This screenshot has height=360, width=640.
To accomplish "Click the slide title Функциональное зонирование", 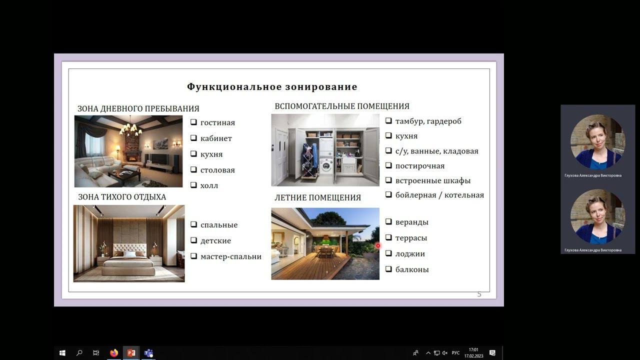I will [272, 87].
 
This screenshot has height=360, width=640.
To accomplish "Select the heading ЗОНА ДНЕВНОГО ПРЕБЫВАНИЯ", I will [138, 108].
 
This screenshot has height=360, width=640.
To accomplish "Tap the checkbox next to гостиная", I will [193, 122].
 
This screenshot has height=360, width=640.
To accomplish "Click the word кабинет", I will [216, 138].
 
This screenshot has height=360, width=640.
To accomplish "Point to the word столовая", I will [217, 170].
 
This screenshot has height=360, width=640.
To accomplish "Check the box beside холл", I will [193, 185].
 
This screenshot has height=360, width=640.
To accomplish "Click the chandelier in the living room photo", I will [130, 128].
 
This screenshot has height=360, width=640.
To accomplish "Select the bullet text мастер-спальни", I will [231, 256].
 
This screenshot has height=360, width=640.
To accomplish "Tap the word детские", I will [215, 240].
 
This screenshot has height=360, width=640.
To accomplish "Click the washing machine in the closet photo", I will [326, 165].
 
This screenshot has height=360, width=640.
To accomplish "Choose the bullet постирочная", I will [419, 166].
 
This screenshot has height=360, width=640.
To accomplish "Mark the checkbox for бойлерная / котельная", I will [388, 195].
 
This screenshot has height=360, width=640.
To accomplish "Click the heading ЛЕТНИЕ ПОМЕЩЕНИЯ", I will [317, 197].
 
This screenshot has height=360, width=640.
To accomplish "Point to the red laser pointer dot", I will [378, 245].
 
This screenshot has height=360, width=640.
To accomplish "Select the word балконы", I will [412, 269].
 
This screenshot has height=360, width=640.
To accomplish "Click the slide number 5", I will [479, 294].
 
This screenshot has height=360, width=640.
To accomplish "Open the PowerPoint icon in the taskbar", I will [131, 353].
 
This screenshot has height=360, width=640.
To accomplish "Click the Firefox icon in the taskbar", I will [113, 353].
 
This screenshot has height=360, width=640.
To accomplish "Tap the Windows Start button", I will [62, 353].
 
